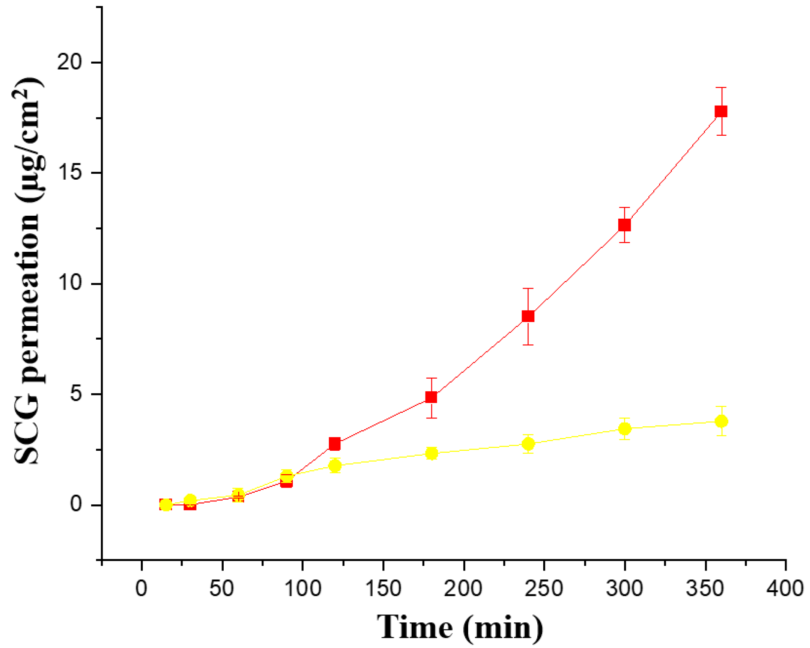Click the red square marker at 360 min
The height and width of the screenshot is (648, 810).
721,111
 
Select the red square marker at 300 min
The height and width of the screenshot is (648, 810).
624,225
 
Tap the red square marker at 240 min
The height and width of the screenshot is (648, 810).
528,316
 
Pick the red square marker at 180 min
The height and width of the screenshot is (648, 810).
431,397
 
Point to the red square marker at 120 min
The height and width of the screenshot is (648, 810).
335,443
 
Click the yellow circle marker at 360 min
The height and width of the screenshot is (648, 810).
721,421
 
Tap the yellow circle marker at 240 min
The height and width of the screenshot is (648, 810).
528,444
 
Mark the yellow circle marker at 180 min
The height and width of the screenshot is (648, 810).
431,453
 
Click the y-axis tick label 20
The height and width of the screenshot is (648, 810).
69,63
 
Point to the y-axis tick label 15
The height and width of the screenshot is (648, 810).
69,173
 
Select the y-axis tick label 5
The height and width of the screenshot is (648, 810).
75,394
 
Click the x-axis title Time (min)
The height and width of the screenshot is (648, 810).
460,627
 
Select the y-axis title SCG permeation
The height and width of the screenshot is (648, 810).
28,272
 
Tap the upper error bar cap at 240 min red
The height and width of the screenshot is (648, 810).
528,289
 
